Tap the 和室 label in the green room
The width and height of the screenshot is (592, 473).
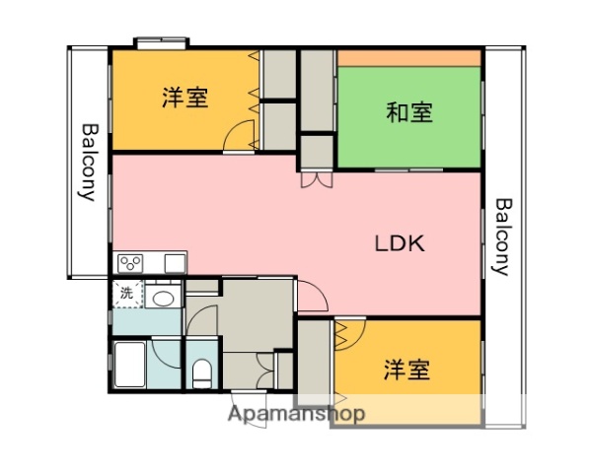pyautogui.click(x=408, y=112)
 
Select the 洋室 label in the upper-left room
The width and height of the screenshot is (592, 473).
pyautogui.click(x=185, y=98)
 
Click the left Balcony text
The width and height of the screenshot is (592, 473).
pyautogui.click(x=88, y=162)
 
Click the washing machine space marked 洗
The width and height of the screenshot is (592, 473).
pyautogui.click(x=126, y=293)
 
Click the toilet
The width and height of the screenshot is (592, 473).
pyautogui.click(x=201, y=373)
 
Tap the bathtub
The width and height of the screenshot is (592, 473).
pyautogui.click(x=129, y=366)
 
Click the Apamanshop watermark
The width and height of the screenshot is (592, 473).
pyautogui.click(x=297, y=414)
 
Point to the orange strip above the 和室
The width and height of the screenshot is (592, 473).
pyautogui.click(x=408, y=58)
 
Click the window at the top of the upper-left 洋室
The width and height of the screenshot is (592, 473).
pyautogui.click(x=162, y=42)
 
